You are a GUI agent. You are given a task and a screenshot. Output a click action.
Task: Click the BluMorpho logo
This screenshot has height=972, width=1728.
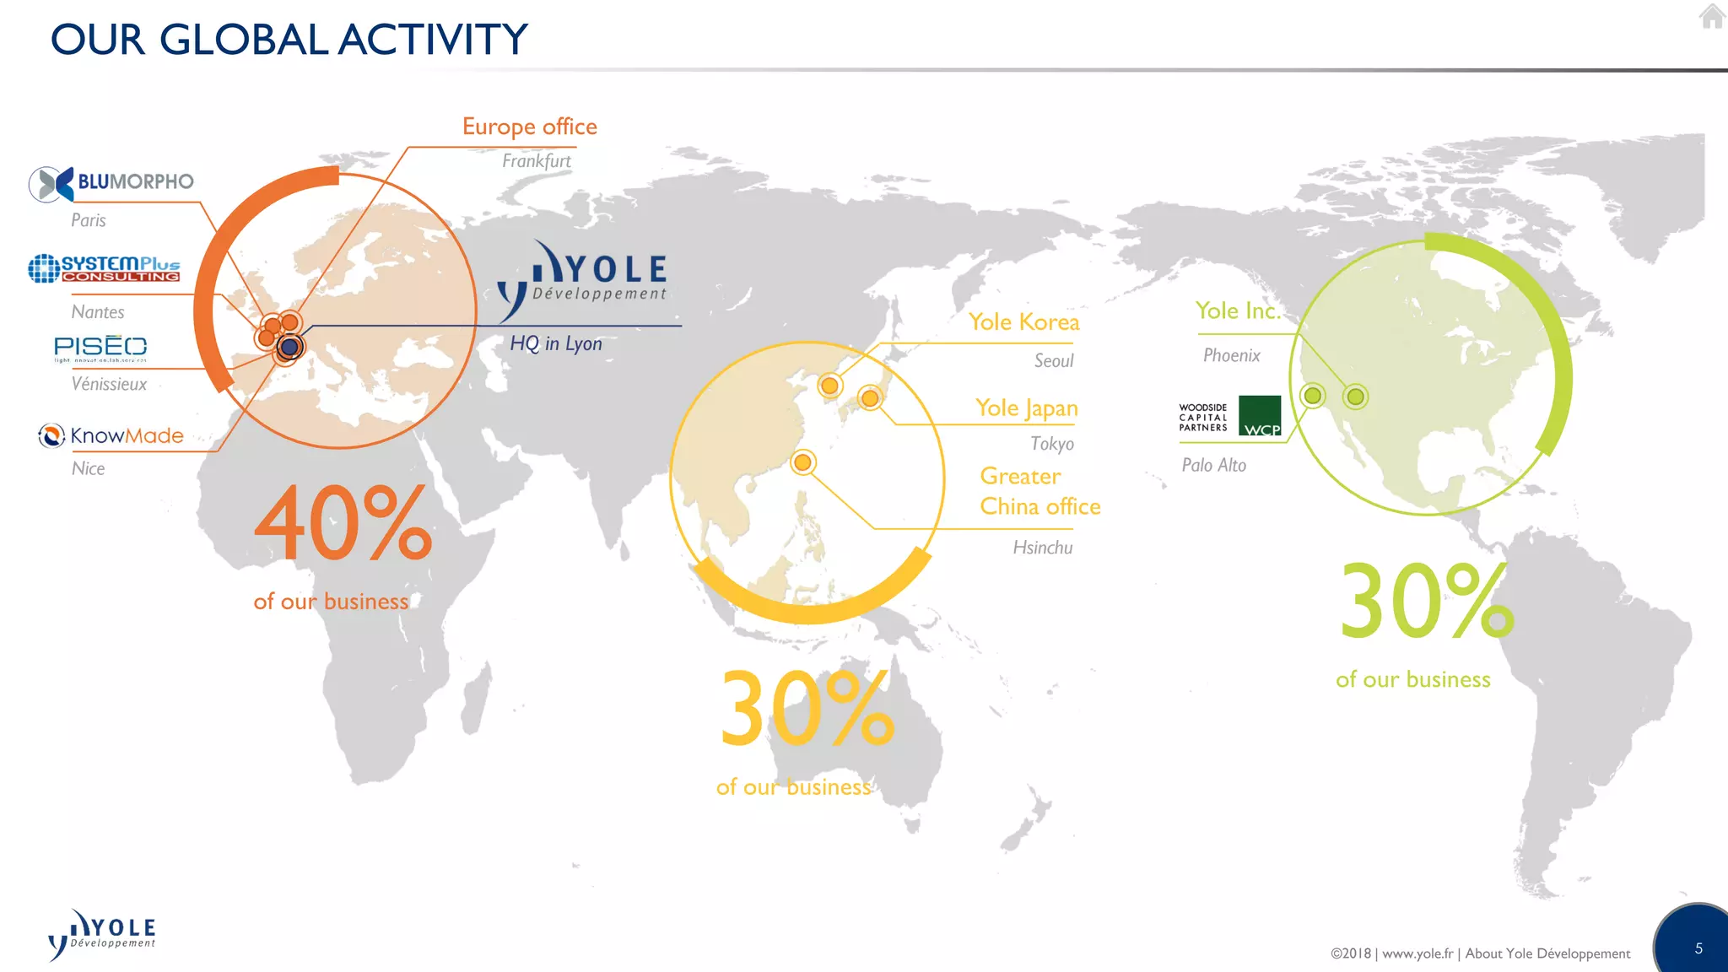point(111,182)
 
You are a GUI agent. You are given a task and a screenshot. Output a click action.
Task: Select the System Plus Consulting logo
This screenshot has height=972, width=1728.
point(105,268)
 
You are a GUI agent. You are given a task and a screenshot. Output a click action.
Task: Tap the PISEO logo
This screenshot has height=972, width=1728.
point(100,347)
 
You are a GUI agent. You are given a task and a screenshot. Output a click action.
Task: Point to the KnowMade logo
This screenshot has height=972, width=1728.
point(111,435)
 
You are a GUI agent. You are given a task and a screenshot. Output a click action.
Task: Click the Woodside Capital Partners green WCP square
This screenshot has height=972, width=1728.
point(1260,416)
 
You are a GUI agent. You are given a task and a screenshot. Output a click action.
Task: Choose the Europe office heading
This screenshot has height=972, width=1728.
point(529,127)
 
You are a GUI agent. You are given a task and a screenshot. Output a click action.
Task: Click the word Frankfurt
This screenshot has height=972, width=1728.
point(536,160)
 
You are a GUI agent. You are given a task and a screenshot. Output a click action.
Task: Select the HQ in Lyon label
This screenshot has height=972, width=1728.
point(556,343)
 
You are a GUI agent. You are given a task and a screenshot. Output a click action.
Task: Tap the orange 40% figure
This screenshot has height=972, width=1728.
point(343,523)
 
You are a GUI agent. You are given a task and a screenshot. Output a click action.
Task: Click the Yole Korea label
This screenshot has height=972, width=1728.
point(1023,321)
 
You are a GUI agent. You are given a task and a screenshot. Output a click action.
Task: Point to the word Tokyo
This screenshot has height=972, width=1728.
point(1052,443)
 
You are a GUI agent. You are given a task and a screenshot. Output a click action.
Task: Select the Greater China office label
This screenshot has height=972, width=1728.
point(1039,491)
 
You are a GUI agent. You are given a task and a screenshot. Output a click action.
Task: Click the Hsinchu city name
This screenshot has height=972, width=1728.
point(1042,548)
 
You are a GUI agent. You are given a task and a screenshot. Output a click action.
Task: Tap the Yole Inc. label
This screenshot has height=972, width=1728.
point(1238,310)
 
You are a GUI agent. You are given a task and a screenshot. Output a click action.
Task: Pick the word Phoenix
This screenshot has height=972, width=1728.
point(1231,355)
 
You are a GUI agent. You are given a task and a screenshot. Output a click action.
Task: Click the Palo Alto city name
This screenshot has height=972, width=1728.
point(1213,465)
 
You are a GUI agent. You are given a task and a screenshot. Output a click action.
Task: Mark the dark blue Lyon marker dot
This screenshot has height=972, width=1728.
point(290,346)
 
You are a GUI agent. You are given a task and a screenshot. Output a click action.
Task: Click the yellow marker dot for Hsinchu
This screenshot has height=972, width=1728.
point(802,462)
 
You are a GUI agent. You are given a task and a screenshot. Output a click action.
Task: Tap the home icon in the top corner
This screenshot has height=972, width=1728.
point(1712,16)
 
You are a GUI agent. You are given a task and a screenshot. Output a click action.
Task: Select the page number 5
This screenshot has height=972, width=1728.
point(1698,948)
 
